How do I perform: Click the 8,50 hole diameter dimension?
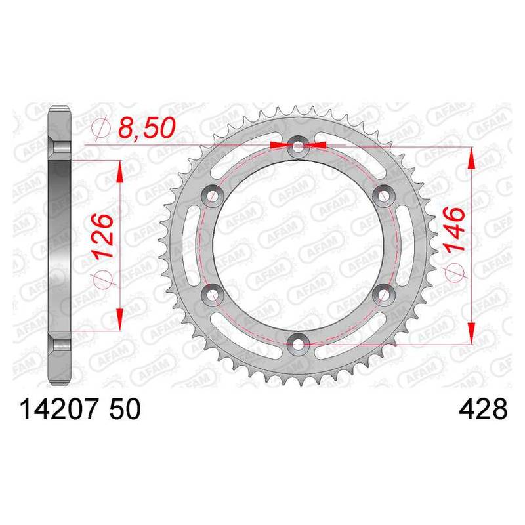click(x=147, y=127)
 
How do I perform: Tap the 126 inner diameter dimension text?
click(x=103, y=235)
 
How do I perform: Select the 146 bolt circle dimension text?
click(x=454, y=229)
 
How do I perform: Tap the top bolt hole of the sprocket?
click(x=298, y=146)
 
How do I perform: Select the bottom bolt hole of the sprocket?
click(x=298, y=344)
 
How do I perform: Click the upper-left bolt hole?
click(x=212, y=196)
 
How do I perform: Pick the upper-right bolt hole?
click(x=384, y=196)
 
